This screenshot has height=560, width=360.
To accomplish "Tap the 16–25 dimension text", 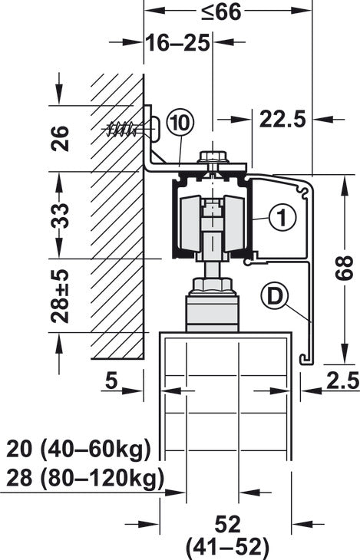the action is coord(177,44).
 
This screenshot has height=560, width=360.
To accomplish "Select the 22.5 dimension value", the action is coord(282,119).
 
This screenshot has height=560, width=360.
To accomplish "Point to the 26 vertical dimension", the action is coord(60,138).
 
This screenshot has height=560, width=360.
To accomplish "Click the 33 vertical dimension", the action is coord(59,216).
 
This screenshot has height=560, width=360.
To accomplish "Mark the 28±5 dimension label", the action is coord(59,296).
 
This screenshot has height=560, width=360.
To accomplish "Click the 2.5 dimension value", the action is coord(342,380).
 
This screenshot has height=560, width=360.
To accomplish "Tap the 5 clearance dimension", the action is coord(111,380).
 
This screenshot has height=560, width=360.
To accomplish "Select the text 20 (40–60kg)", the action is coord(79,450).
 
